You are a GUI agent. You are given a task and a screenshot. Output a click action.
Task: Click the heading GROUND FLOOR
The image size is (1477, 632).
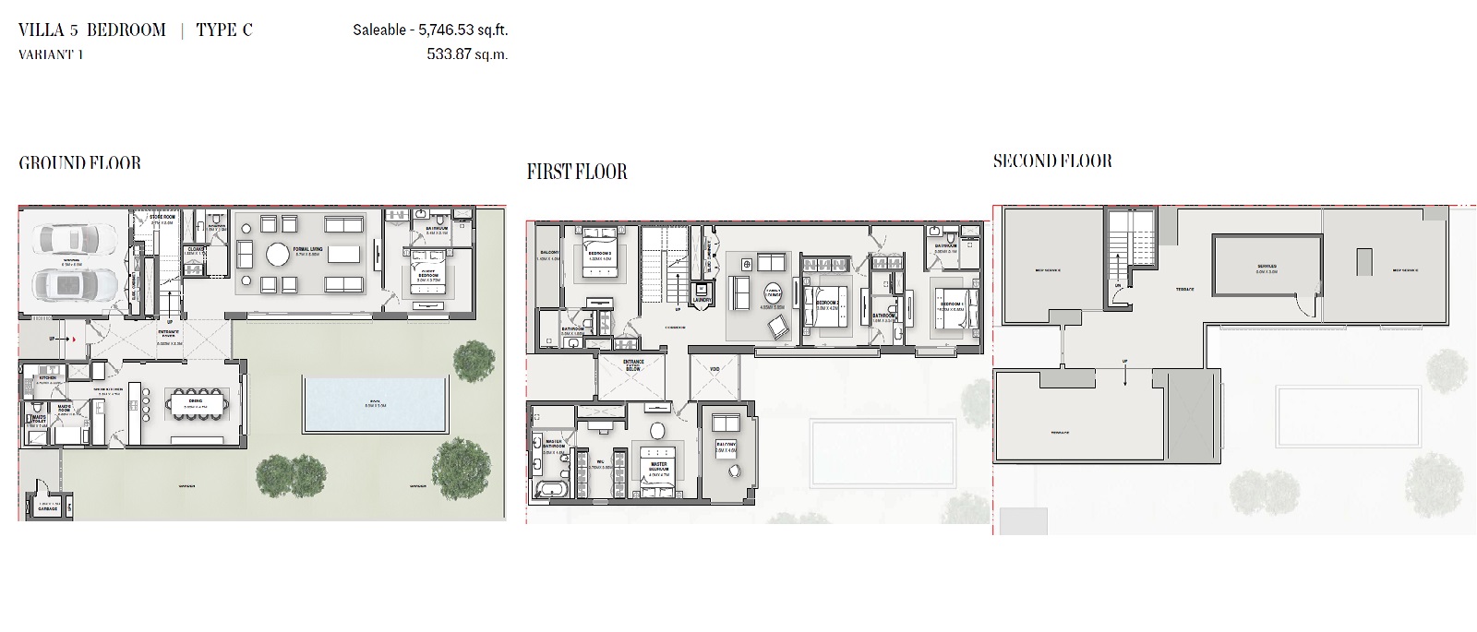tap(79, 163)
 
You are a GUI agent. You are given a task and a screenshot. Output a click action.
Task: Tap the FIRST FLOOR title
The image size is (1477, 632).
tap(576, 172)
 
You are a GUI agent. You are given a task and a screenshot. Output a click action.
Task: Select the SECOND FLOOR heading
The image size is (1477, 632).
tap(1052, 161)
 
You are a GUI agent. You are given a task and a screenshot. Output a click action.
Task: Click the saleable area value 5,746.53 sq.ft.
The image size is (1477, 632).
tap(462, 30)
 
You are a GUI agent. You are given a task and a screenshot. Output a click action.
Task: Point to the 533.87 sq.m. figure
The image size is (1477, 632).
tap(467, 54)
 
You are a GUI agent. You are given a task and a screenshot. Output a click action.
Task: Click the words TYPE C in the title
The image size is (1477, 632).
tap(224, 30)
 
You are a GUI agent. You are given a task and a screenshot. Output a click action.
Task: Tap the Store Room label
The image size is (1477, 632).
tap(162, 219)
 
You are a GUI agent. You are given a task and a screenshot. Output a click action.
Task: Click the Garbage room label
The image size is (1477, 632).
tap(47, 508)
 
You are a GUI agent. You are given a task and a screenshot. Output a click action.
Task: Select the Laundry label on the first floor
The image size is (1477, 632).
tap(702, 299)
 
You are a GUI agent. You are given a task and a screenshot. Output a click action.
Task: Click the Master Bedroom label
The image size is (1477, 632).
tap(659, 465)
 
